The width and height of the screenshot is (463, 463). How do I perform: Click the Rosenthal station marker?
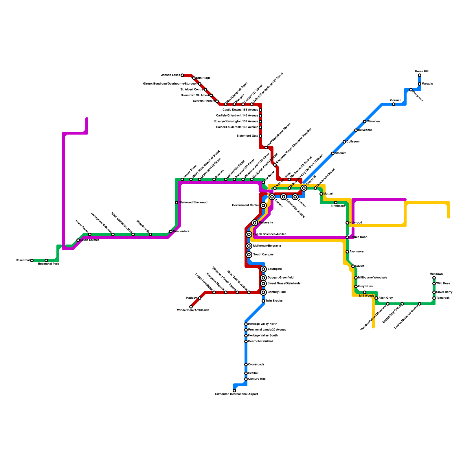pos(32,260)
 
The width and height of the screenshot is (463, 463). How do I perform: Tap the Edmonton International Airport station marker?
pos(234,391)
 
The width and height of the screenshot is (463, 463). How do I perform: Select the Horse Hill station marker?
pos(420,75)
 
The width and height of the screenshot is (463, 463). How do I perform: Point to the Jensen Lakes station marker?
pos(182,75)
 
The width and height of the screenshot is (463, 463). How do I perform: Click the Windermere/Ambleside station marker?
pos(191,307)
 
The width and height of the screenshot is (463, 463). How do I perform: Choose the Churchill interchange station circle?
pos(304,188)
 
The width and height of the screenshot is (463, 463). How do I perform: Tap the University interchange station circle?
pos(255,223)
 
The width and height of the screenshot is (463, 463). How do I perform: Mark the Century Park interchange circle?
pos(263,292)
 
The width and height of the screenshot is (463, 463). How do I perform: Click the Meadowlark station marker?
pos(171,231)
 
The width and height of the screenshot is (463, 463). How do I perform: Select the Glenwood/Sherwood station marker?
pos(177,203)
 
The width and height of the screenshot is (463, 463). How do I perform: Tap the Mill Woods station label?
pos(367,296)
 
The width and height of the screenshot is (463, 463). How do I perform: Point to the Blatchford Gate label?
pos(247,136)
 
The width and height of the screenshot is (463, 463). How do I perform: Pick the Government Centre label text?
pos(245,205)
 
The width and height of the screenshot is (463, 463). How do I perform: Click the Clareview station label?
pos(373,122)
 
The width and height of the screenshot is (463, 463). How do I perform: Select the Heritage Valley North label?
pos(262,324)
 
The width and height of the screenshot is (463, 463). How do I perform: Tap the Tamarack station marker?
pos(434,298)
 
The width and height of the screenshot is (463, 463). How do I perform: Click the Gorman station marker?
pos(394,104)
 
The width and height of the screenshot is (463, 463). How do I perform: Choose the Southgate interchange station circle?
pos(263,269)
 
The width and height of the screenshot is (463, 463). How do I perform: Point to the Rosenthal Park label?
pos(48,264)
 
